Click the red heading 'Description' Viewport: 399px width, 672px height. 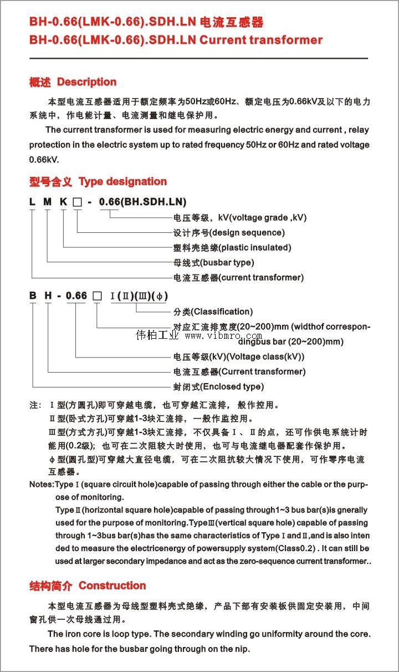click(86, 82)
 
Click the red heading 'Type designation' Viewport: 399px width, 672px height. click(122, 181)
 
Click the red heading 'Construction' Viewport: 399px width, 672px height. click(112, 586)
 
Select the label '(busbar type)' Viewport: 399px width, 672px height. click(227, 262)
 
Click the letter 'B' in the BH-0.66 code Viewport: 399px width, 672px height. click(33, 296)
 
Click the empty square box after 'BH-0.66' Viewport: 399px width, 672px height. click(96, 296)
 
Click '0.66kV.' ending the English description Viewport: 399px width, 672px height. click(44, 159)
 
